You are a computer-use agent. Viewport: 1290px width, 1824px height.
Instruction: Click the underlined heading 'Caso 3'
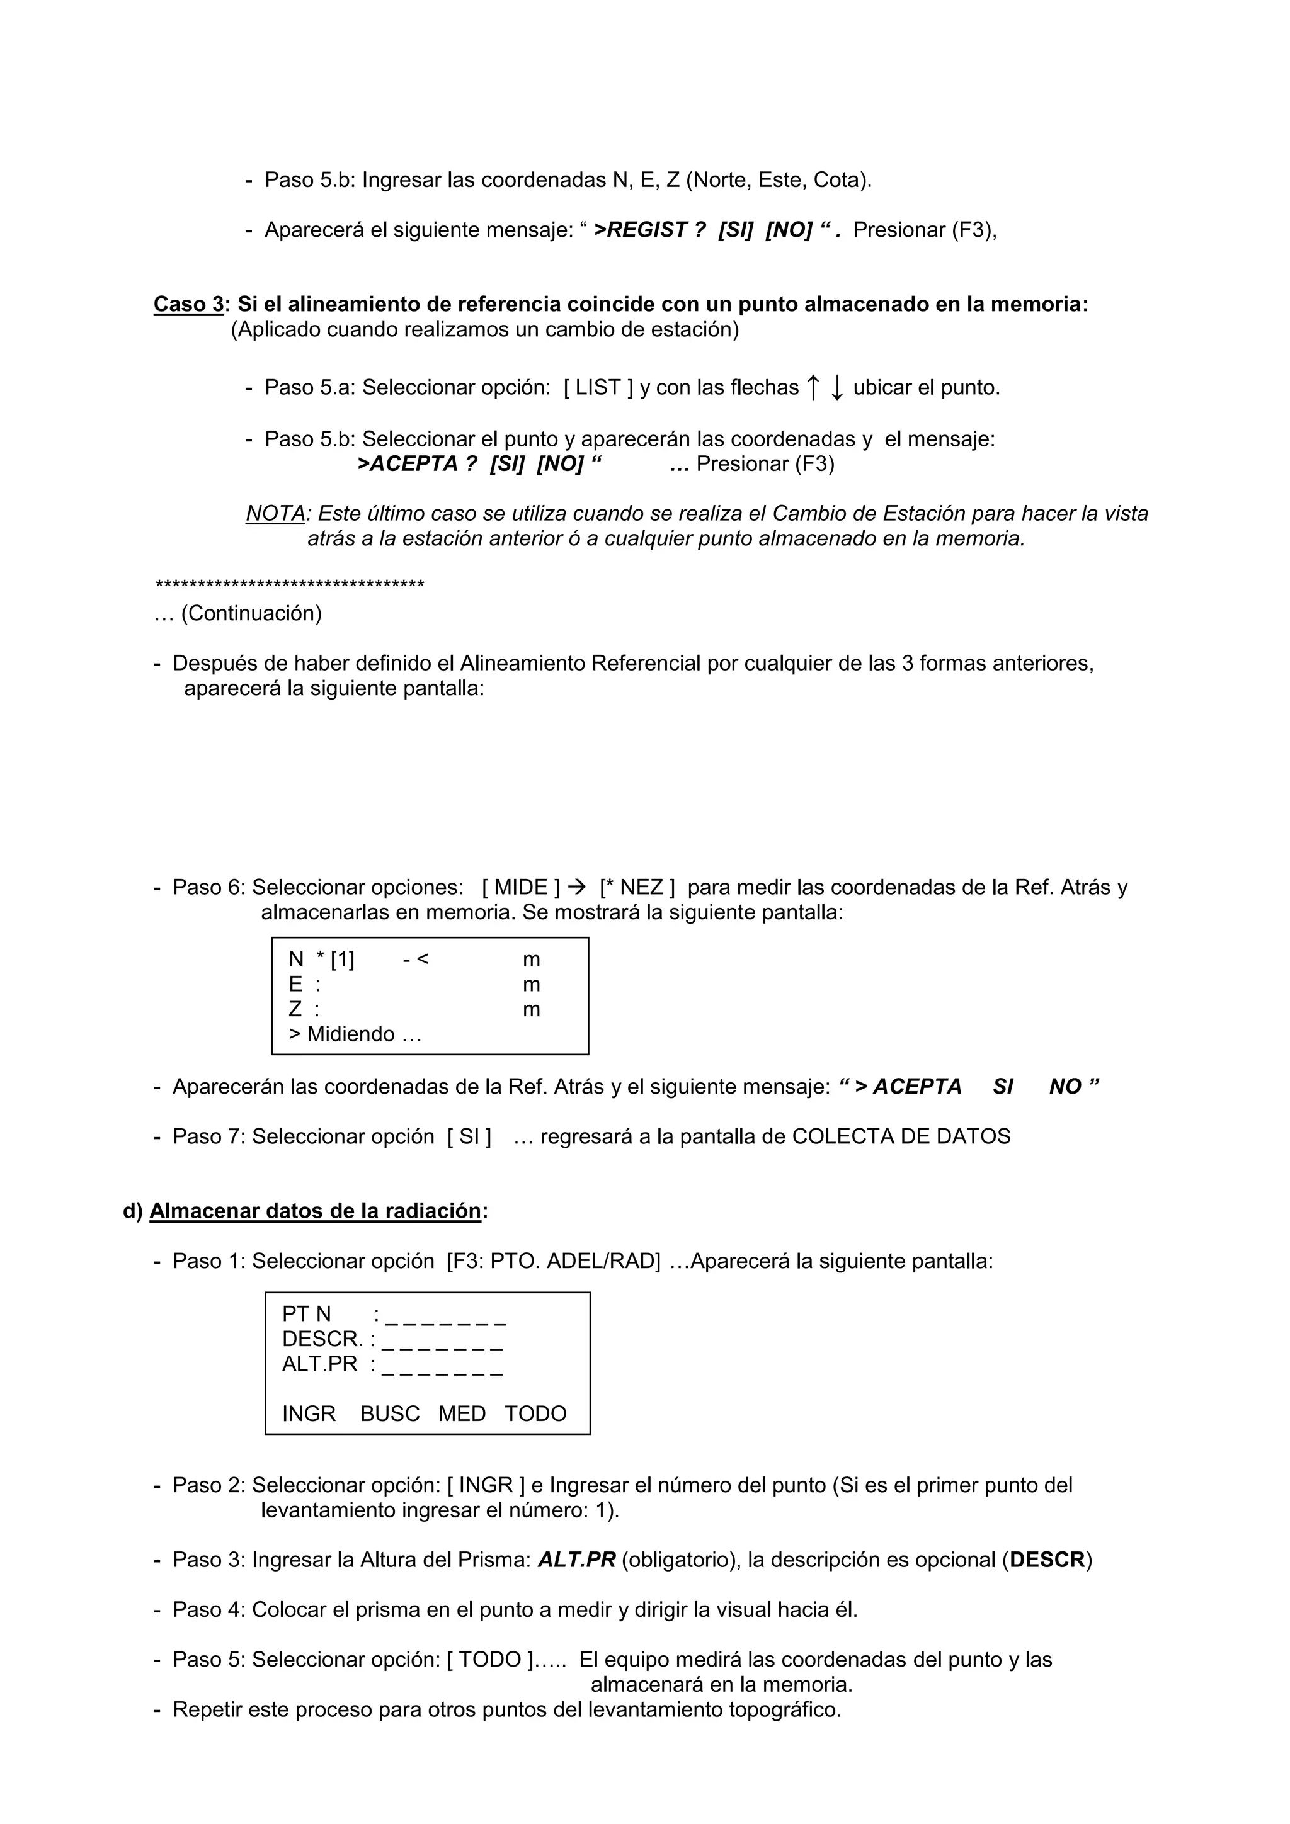(x=188, y=304)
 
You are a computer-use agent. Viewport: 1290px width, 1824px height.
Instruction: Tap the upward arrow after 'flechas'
(x=813, y=388)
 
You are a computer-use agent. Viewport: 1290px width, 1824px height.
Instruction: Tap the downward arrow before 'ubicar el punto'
(x=836, y=388)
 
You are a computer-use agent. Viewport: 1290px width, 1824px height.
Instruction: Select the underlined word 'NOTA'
(x=275, y=513)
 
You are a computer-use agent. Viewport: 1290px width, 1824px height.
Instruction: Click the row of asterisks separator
(x=289, y=586)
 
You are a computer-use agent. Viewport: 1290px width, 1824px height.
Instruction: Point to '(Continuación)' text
(x=251, y=613)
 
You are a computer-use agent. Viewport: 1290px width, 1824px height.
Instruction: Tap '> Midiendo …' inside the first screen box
(x=355, y=1034)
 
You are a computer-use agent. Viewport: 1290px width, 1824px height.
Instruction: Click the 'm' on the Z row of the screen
(x=531, y=1010)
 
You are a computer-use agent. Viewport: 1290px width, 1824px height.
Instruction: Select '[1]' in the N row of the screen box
(x=343, y=960)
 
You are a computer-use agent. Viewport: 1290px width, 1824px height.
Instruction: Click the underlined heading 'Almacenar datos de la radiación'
(x=316, y=1211)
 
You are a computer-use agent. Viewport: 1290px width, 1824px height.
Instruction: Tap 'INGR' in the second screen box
(x=309, y=1413)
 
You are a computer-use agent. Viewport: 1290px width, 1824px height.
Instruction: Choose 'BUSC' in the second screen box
(x=389, y=1413)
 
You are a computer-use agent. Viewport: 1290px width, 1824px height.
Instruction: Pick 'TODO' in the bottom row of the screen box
(x=535, y=1413)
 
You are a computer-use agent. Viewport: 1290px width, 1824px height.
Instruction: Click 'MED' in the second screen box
(x=462, y=1413)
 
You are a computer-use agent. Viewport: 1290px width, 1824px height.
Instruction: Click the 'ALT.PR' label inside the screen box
(x=319, y=1364)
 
